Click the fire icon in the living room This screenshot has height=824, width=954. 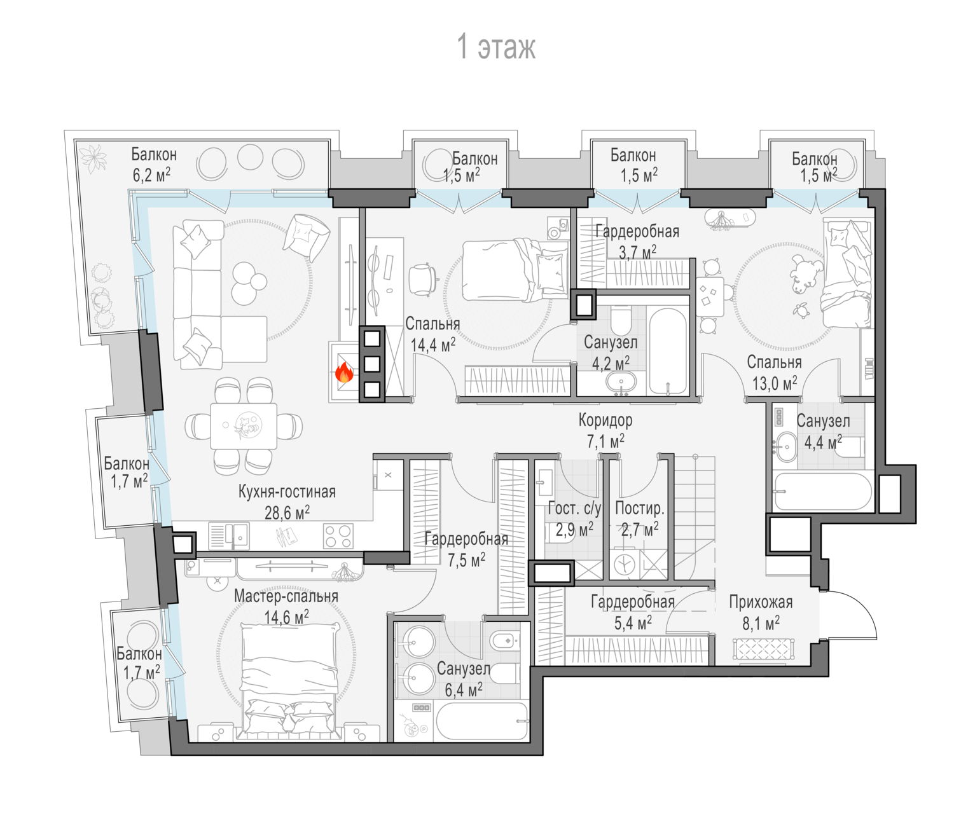pyautogui.click(x=344, y=373)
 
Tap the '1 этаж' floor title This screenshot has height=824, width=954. pyautogui.click(x=495, y=47)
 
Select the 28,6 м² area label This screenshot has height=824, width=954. pyautogui.click(x=287, y=512)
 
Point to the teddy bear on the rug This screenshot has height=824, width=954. pyautogui.click(x=806, y=275)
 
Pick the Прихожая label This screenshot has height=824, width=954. pyautogui.click(x=761, y=602)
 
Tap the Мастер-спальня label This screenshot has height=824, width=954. pyautogui.click(x=286, y=596)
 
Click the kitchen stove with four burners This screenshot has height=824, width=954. pyautogui.click(x=338, y=536)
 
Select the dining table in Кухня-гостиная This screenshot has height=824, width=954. pyautogui.click(x=244, y=426)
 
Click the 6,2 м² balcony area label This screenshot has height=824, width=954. pyautogui.click(x=151, y=175)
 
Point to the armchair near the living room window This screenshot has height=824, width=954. pyautogui.click(x=305, y=237)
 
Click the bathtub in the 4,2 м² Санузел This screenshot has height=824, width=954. pyautogui.click(x=667, y=351)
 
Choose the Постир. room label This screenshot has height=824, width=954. pyautogui.click(x=640, y=509)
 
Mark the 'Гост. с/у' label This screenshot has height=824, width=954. pyautogui.click(x=574, y=509)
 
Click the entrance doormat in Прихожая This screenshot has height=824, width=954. pyautogui.click(x=763, y=649)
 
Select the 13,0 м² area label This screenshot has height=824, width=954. pyautogui.click(x=775, y=383)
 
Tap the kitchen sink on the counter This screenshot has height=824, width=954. pyautogui.click(x=229, y=535)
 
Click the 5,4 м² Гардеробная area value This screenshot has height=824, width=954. pyautogui.click(x=633, y=623)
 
